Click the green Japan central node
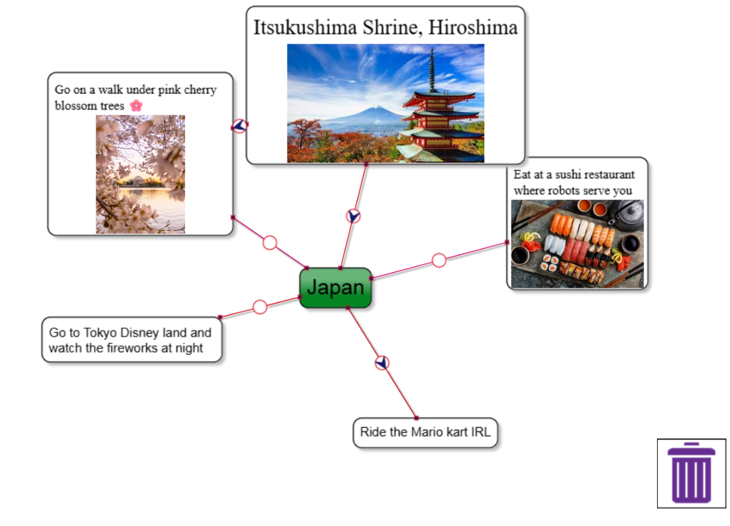coord(335,288)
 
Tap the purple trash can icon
coord(692,473)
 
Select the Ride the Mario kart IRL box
coord(425,432)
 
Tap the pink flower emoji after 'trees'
coord(136,105)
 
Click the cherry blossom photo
coord(140,174)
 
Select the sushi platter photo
coord(577,243)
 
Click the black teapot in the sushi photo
coord(626,214)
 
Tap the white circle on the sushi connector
coord(439,260)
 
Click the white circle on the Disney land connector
coord(260,306)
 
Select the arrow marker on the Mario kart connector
coord(382,363)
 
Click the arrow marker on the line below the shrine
coord(354,216)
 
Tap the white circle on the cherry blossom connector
coord(269,243)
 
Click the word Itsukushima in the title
coord(306,27)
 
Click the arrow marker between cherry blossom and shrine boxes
coord(240,126)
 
